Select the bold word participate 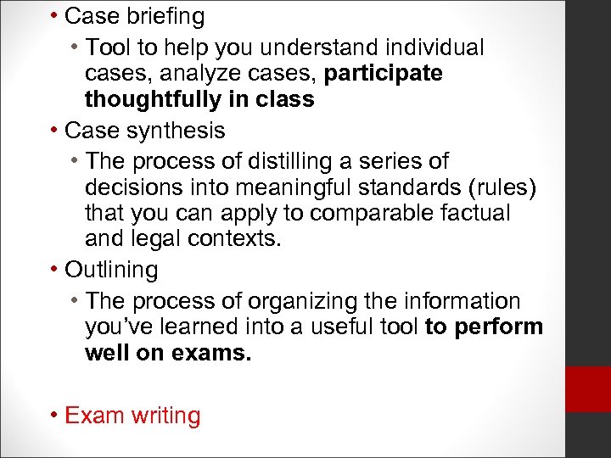tap(384, 74)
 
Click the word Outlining tap(111, 271)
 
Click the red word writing tap(161, 416)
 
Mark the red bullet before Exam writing tap(53, 416)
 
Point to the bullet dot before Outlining tap(53, 271)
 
